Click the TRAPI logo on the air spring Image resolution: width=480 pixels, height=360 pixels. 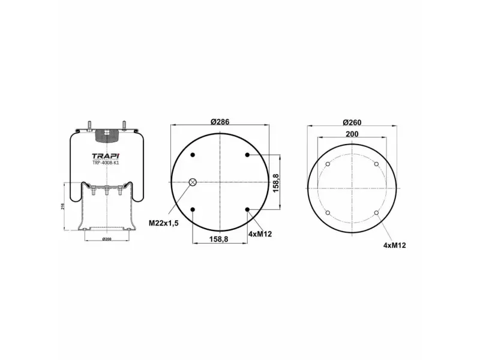(106, 155)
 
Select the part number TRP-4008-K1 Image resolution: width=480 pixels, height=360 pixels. (106, 162)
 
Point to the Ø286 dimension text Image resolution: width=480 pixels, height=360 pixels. (220, 121)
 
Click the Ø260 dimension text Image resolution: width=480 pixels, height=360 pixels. (352, 122)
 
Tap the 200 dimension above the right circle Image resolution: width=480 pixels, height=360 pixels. (352, 135)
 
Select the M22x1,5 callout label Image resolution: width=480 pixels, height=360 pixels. (164, 223)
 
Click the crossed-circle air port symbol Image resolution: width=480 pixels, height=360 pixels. (193, 182)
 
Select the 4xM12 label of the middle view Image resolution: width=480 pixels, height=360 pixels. (260, 234)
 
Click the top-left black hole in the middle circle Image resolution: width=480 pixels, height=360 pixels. (193, 155)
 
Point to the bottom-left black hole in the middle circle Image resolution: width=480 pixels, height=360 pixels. (193, 209)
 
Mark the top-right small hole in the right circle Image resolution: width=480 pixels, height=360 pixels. (376, 164)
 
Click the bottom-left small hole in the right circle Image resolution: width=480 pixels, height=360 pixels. (328, 213)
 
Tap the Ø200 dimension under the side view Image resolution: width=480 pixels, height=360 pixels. (106, 239)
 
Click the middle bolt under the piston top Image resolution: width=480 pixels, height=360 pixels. (106, 192)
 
